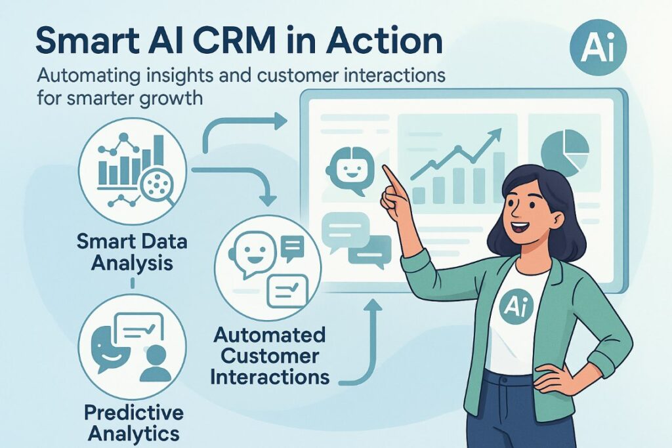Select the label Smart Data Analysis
pyautogui.click(x=132, y=252)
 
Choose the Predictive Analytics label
pyautogui.click(x=133, y=423)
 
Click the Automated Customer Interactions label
pyautogui.click(x=270, y=357)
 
